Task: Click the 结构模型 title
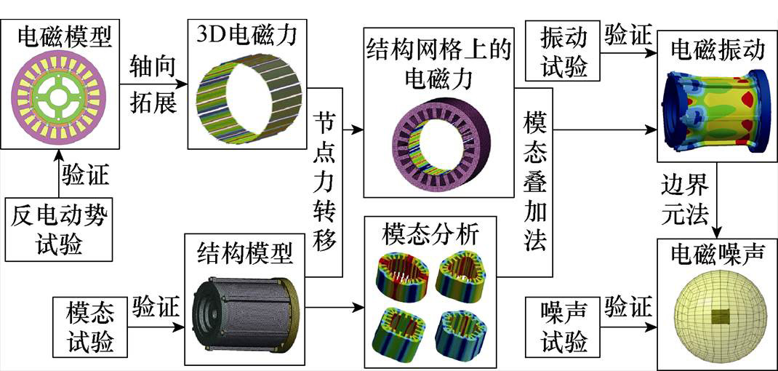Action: point(245,252)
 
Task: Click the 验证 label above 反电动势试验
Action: point(84,175)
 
